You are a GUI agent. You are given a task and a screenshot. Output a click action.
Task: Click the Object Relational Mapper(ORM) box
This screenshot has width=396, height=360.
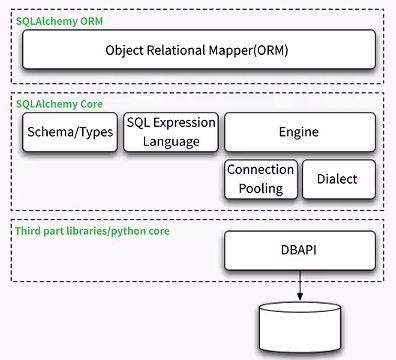tap(199, 50)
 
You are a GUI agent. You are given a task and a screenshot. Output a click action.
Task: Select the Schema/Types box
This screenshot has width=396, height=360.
tap(69, 132)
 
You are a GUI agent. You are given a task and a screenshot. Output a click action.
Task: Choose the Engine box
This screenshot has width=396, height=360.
tap(300, 132)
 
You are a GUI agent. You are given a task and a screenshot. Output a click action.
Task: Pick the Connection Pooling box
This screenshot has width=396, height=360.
tap(260, 179)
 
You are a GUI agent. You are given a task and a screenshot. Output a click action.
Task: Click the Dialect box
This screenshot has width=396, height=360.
tap(339, 180)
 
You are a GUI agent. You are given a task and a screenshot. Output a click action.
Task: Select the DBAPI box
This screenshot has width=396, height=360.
tap(300, 250)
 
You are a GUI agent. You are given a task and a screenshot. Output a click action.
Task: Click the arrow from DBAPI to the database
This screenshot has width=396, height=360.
tap(300, 285)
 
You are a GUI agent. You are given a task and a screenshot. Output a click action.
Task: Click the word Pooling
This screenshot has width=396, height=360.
tap(260, 188)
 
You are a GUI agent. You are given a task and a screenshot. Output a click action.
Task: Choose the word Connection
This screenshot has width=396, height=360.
tap(260, 170)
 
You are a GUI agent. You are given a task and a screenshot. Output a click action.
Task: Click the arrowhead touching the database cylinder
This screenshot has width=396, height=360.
tap(300, 297)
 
